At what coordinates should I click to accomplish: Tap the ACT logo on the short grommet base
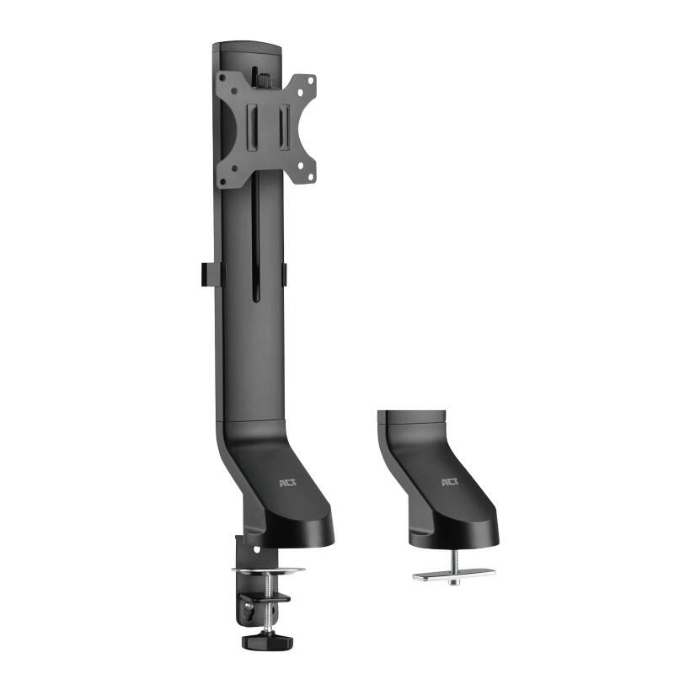pos(447,483)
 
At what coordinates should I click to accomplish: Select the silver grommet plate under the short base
pos(453,578)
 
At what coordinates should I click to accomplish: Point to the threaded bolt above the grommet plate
pos(453,560)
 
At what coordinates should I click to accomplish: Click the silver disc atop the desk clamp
pos(269,572)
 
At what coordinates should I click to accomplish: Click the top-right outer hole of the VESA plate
pos(310,81)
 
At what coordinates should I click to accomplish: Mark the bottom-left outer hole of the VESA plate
pos(223,180)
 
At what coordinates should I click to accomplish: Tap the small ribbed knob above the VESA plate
pos(261,79)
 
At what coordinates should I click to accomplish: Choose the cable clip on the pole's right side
pos(284,274)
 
